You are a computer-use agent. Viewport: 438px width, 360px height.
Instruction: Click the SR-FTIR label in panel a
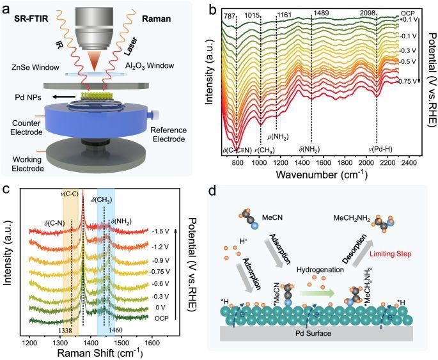(31, 19)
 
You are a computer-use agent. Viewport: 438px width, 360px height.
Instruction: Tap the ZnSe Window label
(35, 67)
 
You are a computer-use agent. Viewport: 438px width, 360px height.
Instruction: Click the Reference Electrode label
(169, 135)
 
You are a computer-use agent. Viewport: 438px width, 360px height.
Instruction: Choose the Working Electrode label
(28, 164)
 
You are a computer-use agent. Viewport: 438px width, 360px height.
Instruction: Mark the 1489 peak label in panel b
(321, 13)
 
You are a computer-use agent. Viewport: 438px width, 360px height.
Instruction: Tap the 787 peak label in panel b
(228, 17)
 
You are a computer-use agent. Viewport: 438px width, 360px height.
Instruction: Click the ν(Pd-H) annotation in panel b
(380, 149)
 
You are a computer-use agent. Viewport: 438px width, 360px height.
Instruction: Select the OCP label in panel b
(407, 13)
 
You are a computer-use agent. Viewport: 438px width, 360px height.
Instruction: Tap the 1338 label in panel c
(65, 331)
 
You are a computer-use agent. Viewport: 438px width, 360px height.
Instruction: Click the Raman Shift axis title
(100, 353)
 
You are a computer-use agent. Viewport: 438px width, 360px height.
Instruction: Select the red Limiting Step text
(391, 254)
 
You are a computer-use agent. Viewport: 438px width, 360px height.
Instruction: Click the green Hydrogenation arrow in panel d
(317, 293)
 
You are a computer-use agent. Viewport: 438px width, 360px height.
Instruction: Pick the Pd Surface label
(313, 333)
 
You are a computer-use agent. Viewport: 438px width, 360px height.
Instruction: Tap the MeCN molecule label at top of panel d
(272, 217)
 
